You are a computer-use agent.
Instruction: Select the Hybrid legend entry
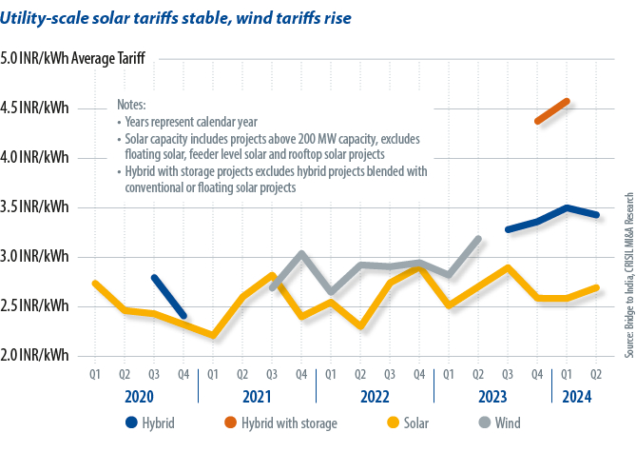[x=153, y=422]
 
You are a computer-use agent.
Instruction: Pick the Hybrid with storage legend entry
[x=283, y=422]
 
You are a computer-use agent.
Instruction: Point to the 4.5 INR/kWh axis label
[x=35, y=108]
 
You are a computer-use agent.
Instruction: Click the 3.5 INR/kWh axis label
[x=35, y=206]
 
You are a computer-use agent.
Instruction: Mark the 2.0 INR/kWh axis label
[x=35, y=355]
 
